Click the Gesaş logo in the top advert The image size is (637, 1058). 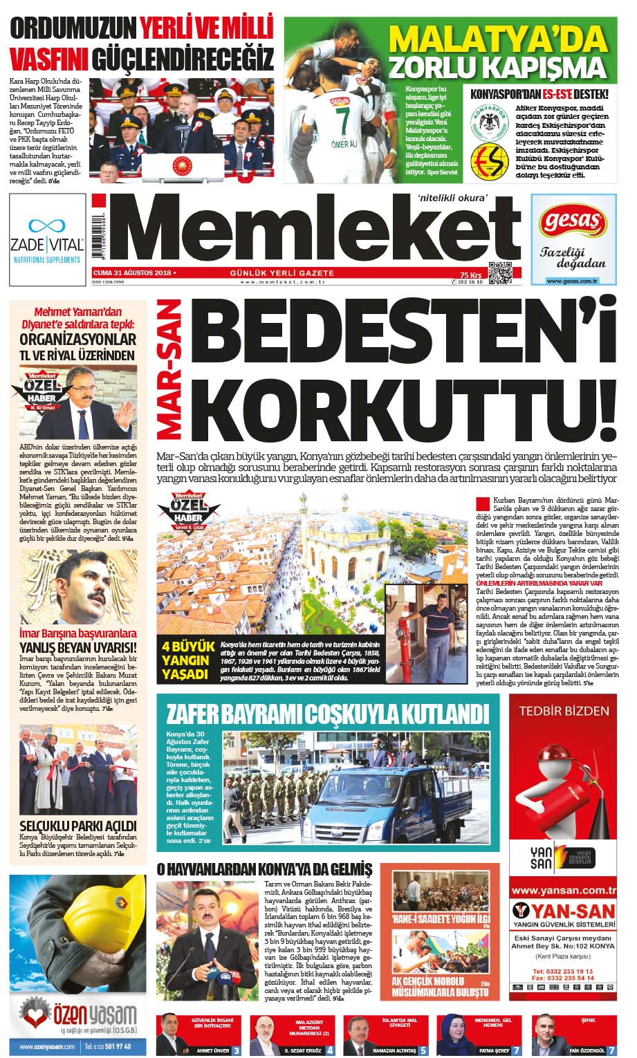click(x=571, y=221)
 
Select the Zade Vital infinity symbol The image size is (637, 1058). click(x=47, y=225)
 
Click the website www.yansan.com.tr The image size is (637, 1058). click(x=563, y=890)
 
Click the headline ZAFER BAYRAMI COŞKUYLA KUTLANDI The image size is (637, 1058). click(x=323, y=713)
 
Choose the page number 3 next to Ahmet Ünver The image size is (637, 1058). click(x=237, y=1050)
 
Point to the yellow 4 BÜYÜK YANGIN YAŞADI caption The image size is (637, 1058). click(x=185, y=660)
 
